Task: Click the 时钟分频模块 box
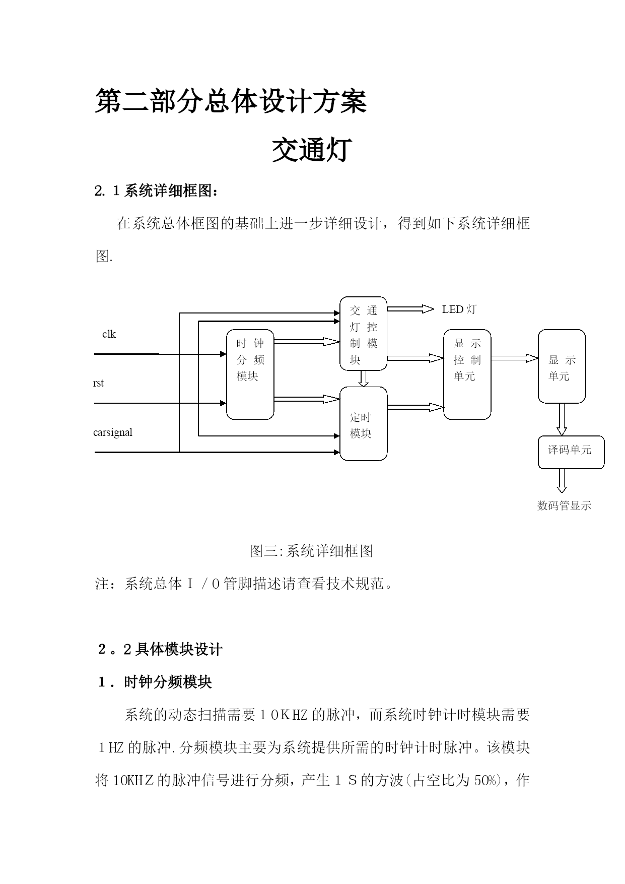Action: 250,374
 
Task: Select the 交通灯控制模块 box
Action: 363,334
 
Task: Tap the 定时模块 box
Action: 363,424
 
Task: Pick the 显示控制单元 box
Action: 467,374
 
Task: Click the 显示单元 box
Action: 562,366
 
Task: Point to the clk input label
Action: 109,334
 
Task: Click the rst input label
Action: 99,383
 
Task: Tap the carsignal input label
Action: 113,432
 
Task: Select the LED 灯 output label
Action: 459,309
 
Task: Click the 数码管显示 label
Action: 564,506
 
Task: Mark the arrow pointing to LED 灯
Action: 410,309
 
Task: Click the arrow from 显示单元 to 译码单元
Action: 562,419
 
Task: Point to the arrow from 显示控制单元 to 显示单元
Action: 514,358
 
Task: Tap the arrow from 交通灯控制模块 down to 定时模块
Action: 364,378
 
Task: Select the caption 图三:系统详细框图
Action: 311,551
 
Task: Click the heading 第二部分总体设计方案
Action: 231,101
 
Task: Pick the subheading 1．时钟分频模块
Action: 155,682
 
